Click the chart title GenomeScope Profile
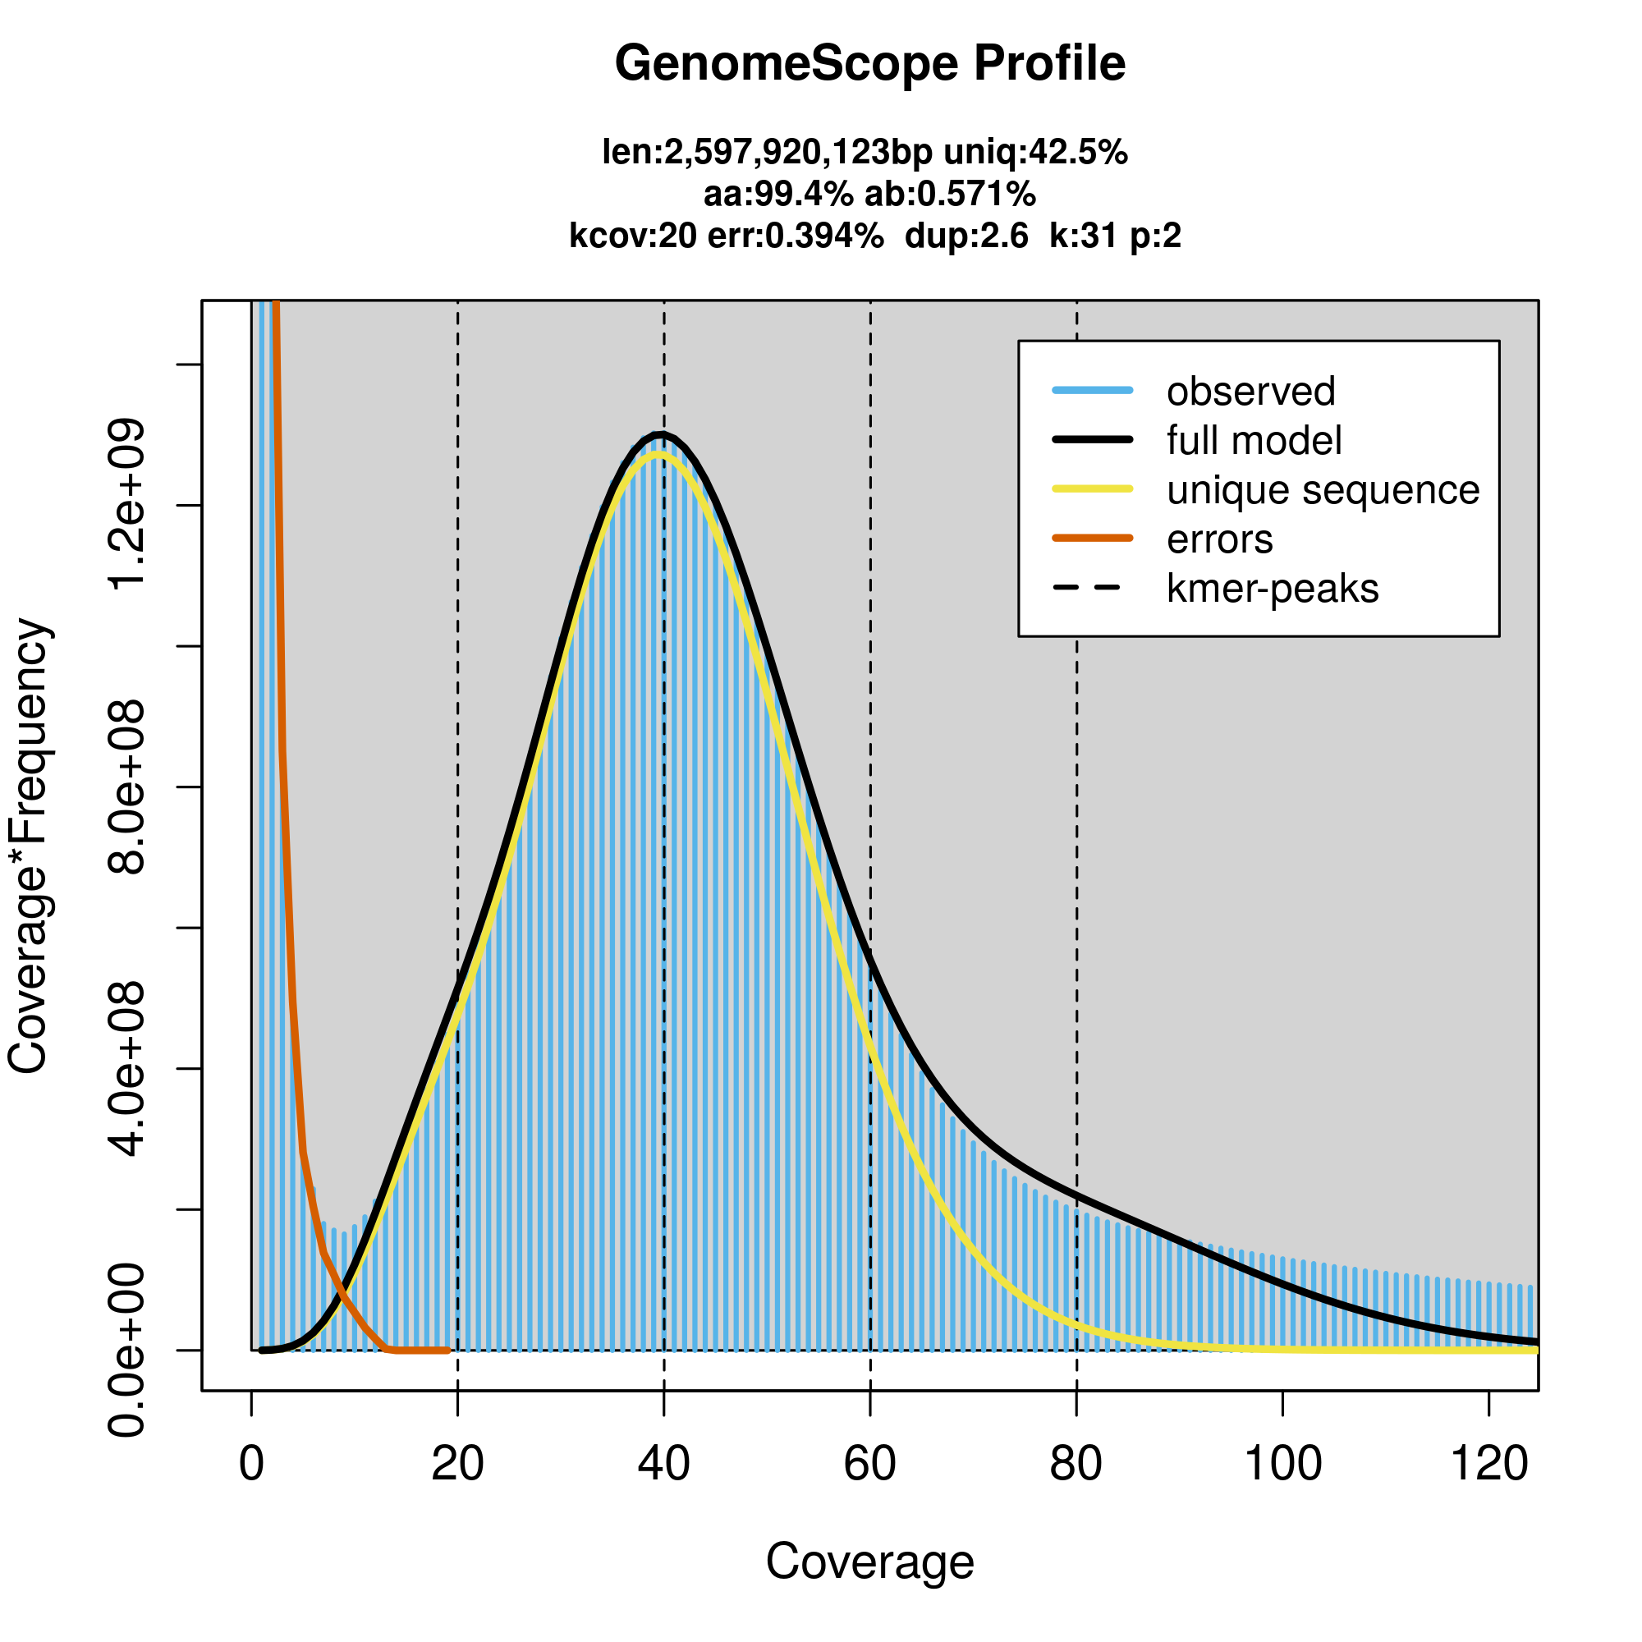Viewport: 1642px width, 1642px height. click(869, 64)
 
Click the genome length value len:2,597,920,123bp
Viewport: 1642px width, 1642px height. click(767, 153)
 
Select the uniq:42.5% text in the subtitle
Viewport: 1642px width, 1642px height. click(1035, 153)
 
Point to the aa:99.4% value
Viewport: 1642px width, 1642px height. click(777, 195)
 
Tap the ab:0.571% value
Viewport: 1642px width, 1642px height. click(950, 195)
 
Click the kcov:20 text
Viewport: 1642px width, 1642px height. click(632, 236)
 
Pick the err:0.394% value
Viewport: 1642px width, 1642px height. click(795, 236)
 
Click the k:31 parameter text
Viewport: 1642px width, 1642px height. click(1084, 236)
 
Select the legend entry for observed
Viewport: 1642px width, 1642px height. click(1250, 392)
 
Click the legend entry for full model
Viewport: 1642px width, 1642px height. click(1254, 441)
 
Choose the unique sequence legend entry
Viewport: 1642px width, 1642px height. click(1323, 490)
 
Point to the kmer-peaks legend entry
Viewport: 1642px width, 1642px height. click(1272, 589)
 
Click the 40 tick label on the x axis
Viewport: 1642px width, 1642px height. click(663, 1464)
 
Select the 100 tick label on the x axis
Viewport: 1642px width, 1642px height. click(1282, 1464)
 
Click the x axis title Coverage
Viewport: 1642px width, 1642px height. click(869, 1562)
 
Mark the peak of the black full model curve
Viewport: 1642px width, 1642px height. click(660, 434)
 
